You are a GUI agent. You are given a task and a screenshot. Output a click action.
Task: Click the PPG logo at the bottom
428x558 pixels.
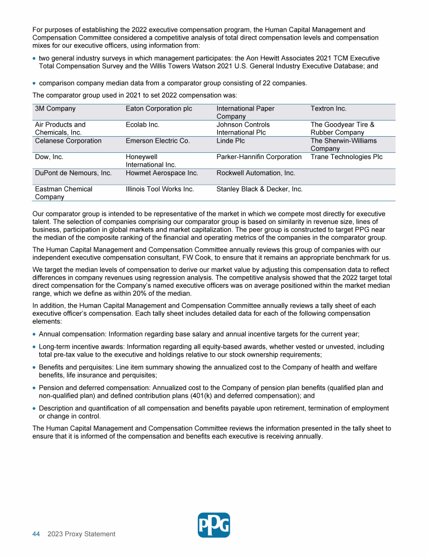[x=214, y=525]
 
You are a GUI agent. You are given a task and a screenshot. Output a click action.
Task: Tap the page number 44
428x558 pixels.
[x=36, y=534]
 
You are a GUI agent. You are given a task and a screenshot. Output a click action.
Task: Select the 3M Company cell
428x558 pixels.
[x=55, y=109]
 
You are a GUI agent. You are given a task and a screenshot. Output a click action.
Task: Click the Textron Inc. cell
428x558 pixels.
[x=328, y=109]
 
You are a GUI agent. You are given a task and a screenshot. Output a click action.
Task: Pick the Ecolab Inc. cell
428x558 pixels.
[x=143, y=125]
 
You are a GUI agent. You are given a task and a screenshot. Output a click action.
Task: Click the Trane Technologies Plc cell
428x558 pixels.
[x=347, y=157]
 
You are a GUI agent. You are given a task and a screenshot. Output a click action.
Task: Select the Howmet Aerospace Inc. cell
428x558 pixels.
[x=162, y=174]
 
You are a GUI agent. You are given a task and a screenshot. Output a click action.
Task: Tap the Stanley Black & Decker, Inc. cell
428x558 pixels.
[x=259, y=189]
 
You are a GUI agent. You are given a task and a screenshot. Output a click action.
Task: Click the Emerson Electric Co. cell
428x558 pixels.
[x=158, y=141]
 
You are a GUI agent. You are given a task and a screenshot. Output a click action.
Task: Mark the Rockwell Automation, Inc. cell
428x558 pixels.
[x=255, y=174]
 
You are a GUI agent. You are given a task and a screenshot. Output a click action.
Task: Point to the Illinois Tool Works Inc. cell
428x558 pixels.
[x=160, y=189]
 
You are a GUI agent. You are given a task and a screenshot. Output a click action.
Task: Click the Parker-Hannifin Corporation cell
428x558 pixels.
[x=259, y=157]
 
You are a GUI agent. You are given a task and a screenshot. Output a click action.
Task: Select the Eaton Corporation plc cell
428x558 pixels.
[x=159, y=109]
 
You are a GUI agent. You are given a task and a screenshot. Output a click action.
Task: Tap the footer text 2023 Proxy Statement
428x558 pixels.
[x=81, y=534]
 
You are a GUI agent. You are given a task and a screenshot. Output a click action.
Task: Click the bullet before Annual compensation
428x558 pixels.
[x=35, y=334]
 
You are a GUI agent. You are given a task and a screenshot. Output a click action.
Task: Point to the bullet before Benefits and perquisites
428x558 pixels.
[x=35, y=367]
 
